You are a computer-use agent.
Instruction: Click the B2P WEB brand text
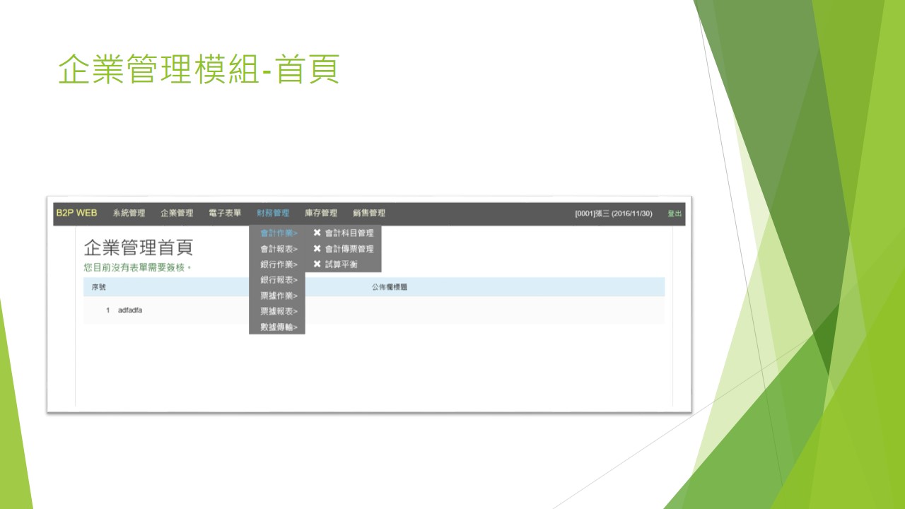pos(77,213)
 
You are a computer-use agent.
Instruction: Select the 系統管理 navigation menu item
pos(129,213)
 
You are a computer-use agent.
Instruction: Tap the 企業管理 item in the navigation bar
pos(177,213)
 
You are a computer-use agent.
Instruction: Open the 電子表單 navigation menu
pos(225,213)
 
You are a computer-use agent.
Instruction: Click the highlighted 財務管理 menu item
pos(273,213)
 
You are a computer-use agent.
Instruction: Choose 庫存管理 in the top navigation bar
pos(321,213)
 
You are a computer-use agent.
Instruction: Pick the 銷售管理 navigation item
pos(369,213)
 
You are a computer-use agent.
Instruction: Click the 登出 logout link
pos(675,213)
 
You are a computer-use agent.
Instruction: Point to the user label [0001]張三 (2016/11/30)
pos(614,213)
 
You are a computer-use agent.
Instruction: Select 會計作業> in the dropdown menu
pos(279,233)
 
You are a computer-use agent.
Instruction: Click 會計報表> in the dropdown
pos(279,249)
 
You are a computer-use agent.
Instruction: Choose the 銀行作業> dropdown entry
pos(279,264)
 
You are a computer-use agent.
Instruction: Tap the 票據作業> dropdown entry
pos(279,296)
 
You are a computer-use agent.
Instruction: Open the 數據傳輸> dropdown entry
pos(279,327)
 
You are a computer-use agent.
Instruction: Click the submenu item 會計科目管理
pos(349,233)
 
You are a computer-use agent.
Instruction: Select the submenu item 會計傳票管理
pos(349,249)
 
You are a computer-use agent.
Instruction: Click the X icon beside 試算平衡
pos(317,264)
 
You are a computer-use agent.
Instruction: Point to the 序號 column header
pos(98,287)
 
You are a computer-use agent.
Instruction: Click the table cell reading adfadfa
pos(130,310)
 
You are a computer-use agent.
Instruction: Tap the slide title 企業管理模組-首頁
pos(199,69)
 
